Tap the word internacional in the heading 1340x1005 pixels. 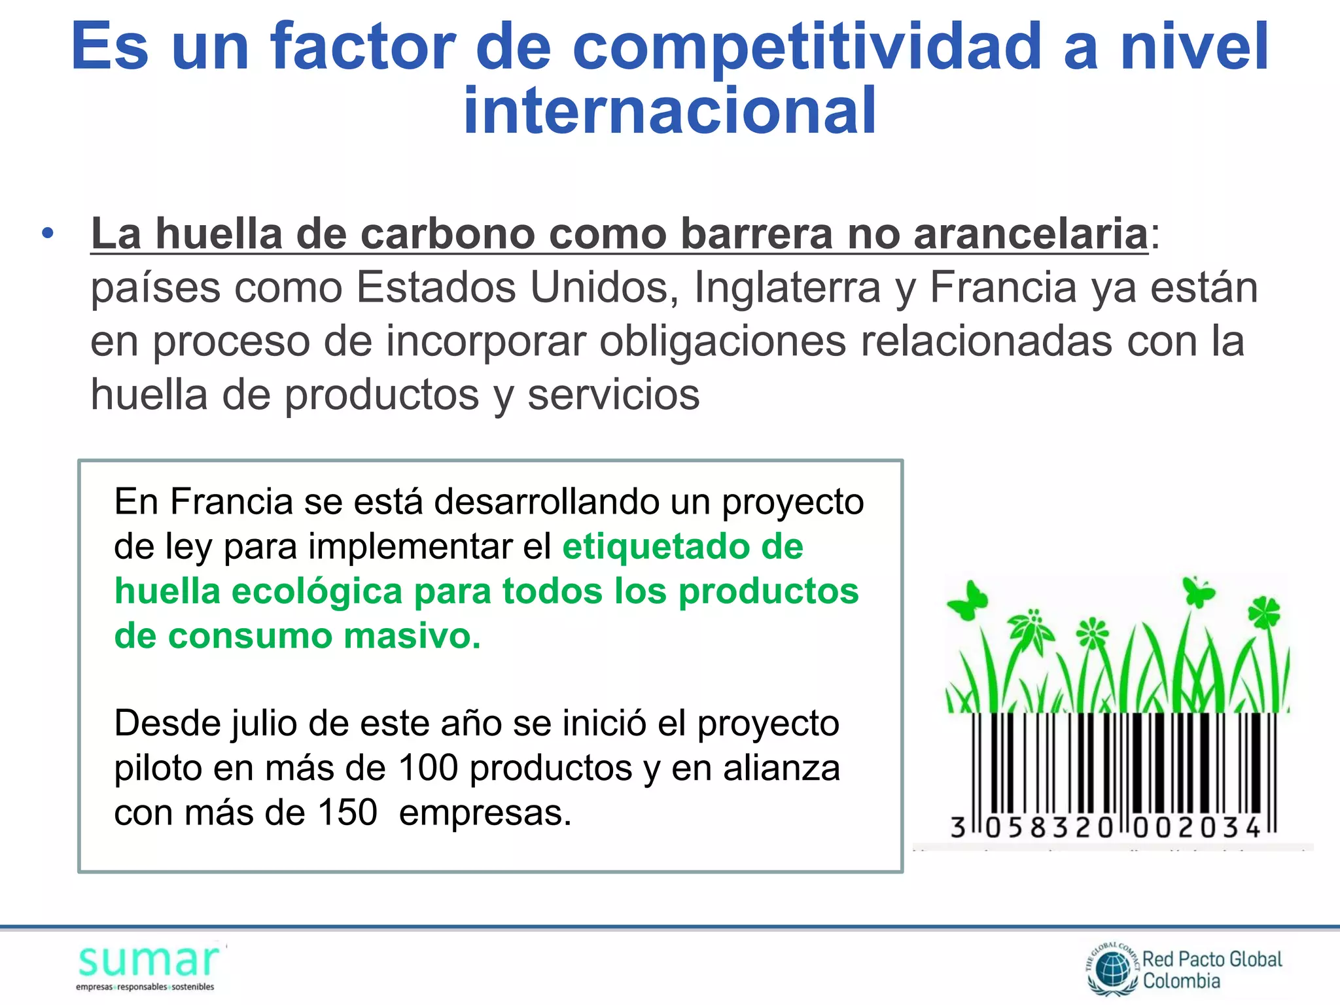[x=669, y=111]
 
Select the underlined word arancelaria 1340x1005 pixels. [x=1031, y=234]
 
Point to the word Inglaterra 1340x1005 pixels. [x=787, y=288]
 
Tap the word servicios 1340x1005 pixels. [x=613, y=395]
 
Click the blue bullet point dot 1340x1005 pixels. [x=47, y=233]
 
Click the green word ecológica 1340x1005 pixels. [x=317, y=591]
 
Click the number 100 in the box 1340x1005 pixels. [x=428, y=768]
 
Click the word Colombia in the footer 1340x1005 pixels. [x=1181, y=981]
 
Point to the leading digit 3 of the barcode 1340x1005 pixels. [x=958, y=828]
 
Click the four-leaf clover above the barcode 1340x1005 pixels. [x=1263, y=612]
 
